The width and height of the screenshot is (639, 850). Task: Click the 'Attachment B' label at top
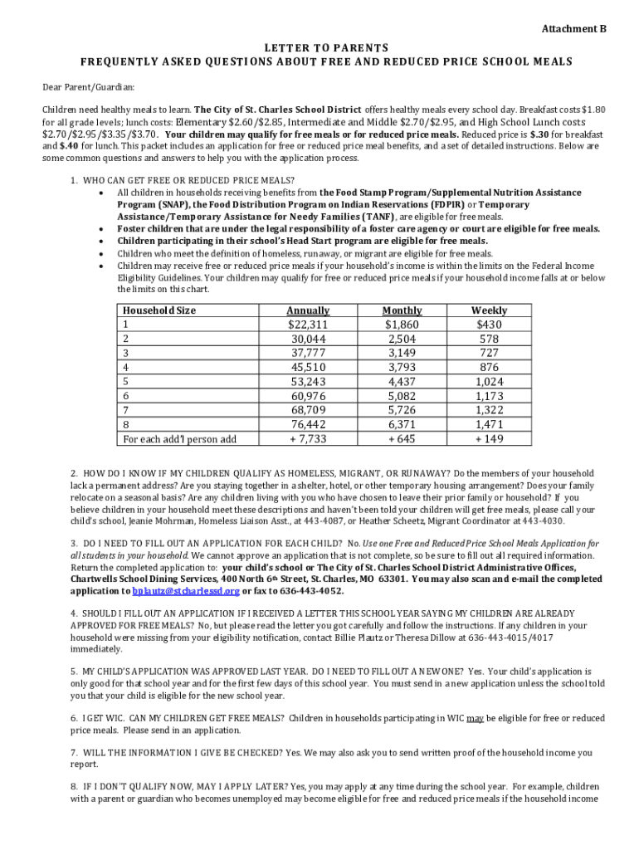click(573, 29)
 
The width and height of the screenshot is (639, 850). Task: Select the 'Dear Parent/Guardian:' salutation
click(89, 86)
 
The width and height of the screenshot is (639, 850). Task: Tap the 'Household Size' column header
click(159, 310)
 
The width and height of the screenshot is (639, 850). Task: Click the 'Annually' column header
click(308, 310)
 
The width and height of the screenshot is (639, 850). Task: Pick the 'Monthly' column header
click(402, 310)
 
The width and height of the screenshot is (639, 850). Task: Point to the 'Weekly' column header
click(489, 310)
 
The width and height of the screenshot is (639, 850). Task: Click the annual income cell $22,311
click(308, 325)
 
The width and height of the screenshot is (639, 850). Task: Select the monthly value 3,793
click(402, 367)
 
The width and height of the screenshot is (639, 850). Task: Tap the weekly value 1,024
click(489, 382)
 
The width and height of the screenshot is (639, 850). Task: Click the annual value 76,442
click(308, 424)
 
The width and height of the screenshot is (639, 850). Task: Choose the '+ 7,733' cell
click(308, 439)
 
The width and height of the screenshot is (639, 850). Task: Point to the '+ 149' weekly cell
click(489, 439)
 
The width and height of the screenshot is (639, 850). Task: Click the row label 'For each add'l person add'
click(180, 439)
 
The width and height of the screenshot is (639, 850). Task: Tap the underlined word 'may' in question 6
click(475, 718)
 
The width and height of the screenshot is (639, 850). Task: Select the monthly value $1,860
click(402, 325)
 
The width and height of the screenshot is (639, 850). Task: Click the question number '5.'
click(75, 671)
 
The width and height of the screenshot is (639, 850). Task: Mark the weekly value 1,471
click(489, 424)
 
